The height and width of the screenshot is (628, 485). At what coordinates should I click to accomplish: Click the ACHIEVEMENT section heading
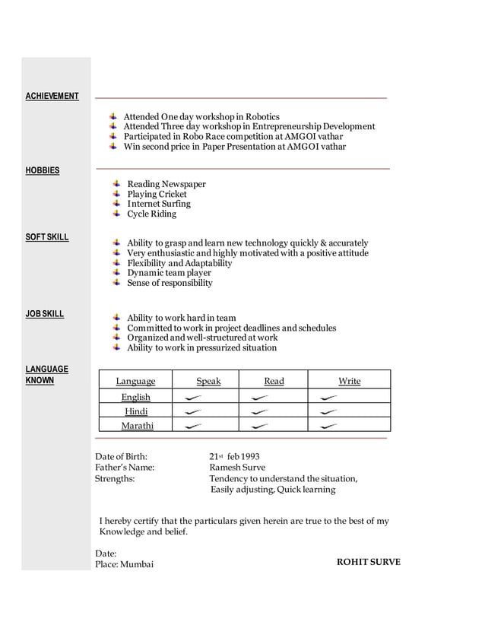coord(52,97)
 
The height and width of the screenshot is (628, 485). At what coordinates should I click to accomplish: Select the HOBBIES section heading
coord(43,171)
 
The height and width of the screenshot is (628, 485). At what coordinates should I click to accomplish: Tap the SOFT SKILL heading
coord(47,237)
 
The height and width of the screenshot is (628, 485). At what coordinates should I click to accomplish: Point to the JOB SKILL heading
coord(45,314)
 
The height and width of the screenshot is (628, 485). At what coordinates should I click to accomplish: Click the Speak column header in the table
coord(208,381)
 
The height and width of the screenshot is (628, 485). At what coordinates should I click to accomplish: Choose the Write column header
coord(350,381)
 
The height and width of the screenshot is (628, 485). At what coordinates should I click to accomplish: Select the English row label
coord(136,397)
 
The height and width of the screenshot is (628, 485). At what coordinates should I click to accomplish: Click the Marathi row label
coord(138,426)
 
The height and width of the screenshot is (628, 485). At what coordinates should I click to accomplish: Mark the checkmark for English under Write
coord(328,398)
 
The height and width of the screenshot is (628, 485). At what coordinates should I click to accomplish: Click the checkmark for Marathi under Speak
coord(193,427)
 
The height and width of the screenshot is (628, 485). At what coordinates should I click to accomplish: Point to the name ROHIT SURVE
coord(368,562)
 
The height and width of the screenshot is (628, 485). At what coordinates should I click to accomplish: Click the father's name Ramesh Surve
coord(237,468)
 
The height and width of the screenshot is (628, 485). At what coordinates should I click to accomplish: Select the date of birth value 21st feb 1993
coord(234,457)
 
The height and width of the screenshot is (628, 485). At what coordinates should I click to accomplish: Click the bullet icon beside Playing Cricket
coord(116,194)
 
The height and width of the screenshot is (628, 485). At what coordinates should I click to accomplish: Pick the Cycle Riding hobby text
coord(151,214)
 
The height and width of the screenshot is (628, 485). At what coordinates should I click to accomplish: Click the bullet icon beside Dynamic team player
coord(116,272)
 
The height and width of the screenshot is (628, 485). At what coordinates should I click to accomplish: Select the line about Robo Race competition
coord(233,136)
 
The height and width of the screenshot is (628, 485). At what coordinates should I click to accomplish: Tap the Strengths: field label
coord(115,479)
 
